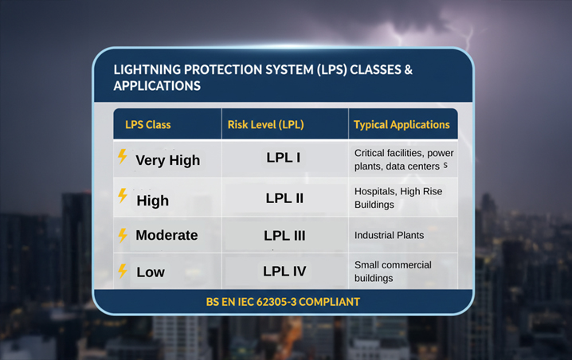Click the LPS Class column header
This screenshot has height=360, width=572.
pyautogui.click(x=147, y=124)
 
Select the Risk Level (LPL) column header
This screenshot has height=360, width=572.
pyautogui.click(x=265, y=124)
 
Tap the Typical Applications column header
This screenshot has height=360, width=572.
pyautogui.click(x=402, y=124)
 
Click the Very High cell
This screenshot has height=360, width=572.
pyautogui.click(x=167, y=160)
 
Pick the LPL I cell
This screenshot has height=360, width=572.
pyautogui.click(x=283, y=158)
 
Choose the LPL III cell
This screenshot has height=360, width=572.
pyautogui.click(x=284, y=236)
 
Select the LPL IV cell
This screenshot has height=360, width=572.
pyautogui.click(x=284, y=272)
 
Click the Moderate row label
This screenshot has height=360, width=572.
pyautogui.click(x=167, y=236)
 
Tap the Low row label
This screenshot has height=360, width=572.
pyautogui.click(x=151, y=272)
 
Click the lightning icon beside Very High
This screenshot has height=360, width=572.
pyautogui.click(x=123, y=157)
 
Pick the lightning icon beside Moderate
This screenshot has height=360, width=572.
pyautogui.click(x=123, y=235)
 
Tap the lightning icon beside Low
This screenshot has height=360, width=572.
pyautogui.click(x=123, y=271)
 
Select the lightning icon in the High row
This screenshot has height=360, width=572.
pyautogui.click(x=123, y=196)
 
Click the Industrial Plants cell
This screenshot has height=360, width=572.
pyautogui.click(x=389, y=236)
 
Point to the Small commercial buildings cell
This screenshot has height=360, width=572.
pyautogui.click(x=393, y=272)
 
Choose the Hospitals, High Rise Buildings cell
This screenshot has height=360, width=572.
pyautogui.click(x=398, y=198)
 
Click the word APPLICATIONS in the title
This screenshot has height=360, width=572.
pyautogui.click(x=157, y=85)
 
